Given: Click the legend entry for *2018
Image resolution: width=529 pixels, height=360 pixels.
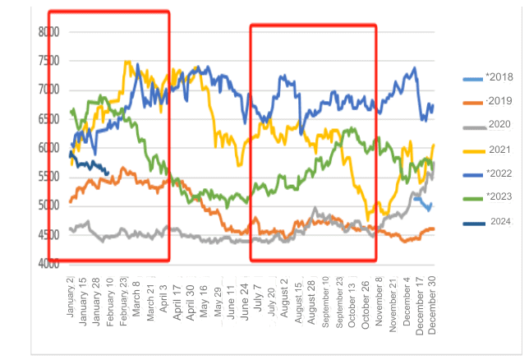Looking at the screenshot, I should [x=497, y=77].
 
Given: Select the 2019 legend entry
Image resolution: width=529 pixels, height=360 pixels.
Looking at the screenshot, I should [x=497, y=102].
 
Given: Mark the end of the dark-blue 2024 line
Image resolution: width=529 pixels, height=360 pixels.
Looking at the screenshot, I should [x=108, y=173].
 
